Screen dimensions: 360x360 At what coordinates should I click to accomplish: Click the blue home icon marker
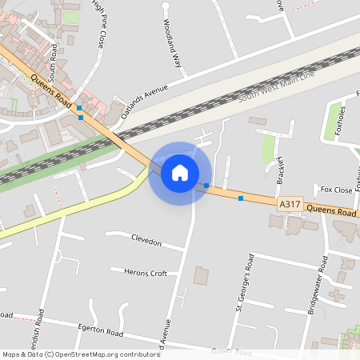click(180, 172)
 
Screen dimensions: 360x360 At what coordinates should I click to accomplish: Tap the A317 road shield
click(290, 206)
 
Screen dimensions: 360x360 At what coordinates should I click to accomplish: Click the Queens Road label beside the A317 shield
click(331, 212)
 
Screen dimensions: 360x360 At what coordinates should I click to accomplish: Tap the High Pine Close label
click(98, 24)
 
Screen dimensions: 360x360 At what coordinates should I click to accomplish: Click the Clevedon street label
click(146, 242)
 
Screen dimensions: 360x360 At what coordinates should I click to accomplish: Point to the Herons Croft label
click(146, 273)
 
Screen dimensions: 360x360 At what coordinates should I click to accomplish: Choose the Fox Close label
click(336, 190)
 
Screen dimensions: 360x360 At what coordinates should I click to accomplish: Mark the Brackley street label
click(282, 169)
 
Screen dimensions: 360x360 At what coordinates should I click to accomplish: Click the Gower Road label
click(232, 352)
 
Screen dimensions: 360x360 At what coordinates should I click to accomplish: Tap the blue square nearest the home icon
click(206, 186)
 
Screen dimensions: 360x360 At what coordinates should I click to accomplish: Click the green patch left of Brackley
click(269, 148)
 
